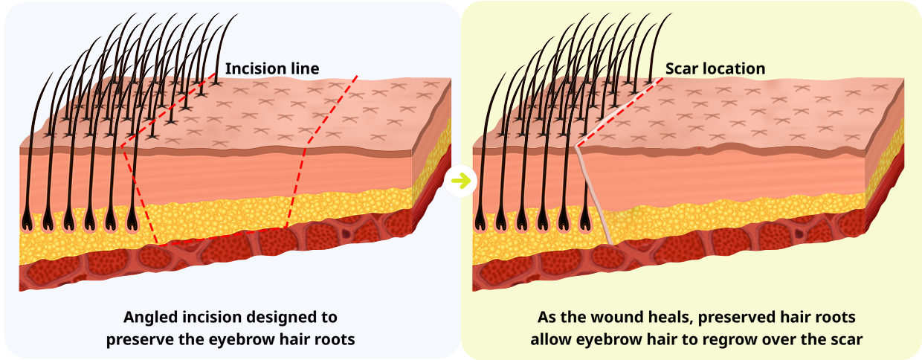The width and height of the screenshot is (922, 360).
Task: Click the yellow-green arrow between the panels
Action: coord(461,181)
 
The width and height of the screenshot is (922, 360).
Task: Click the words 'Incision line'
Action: coord(272,68)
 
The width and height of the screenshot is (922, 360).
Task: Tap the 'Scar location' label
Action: coord(715,68)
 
